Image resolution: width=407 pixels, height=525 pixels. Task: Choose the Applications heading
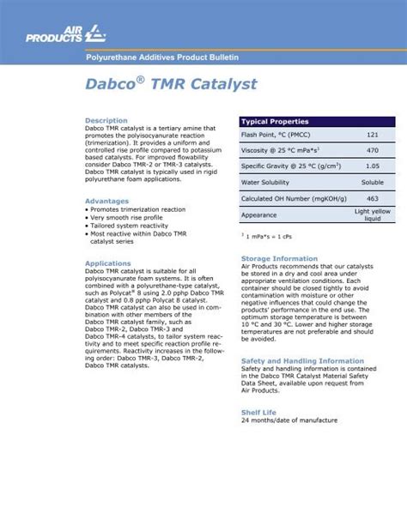click(x=107, y=263)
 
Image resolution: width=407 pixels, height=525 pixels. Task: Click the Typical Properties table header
click(x=275, y=122)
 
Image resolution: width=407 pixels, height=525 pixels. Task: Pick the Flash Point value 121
click(x=372, y=136)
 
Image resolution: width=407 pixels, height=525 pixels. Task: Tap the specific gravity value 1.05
click(x=372, y=166)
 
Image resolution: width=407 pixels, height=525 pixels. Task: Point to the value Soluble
click(x=372, y=183)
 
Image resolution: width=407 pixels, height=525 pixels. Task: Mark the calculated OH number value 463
click(x=372, y=198)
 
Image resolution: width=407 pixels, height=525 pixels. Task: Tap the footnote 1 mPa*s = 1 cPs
click(x=269, y=236)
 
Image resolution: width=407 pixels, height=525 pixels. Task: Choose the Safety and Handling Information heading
click(x=302, y=361)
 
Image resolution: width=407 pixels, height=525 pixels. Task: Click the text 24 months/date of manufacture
click(x=289, y=420)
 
